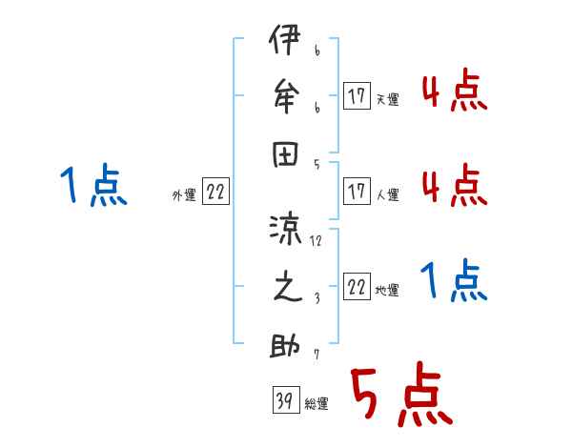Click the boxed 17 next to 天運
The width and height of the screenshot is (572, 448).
click(x=357, y=95)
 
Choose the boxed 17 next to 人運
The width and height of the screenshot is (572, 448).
click(x=357, y=191)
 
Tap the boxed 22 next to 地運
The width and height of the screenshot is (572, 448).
click(x=357, y=287)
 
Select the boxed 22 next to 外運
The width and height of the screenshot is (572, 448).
click(x=215, y=192)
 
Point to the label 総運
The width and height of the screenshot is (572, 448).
click(x=317, y=404)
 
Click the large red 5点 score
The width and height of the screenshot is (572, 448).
click(x=399, y=396)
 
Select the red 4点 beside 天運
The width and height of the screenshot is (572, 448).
click(x=454, y=93)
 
